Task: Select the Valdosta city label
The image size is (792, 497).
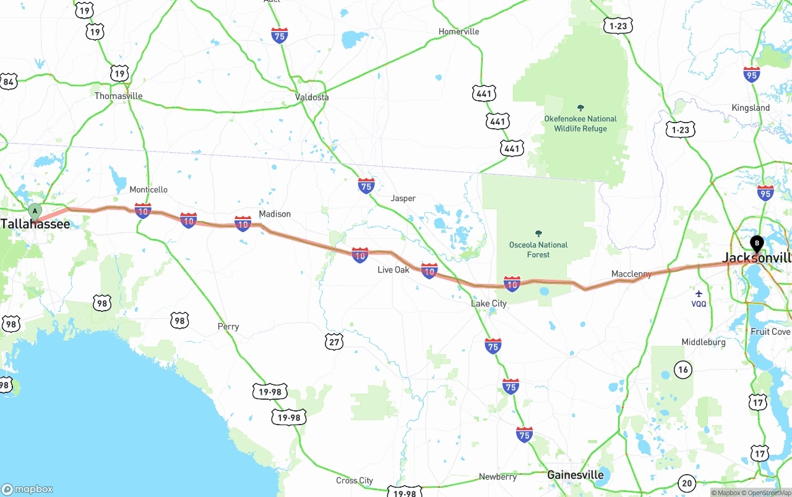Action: pyautogui.click(x=312, y=97)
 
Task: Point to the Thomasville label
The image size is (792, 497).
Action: pyautogui.click(x=118, y=96)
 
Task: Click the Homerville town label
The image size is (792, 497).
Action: pyautogui.click(x=458, y=32)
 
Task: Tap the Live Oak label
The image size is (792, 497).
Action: pyautogui.click(x=394, y=270)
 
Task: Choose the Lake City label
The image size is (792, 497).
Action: pyautogui.click(x=489, y=303)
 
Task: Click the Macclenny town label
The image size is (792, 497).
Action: pyautogui.click(x=631, y=274)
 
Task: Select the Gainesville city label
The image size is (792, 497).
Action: pyautogui.click(x=575, y=475)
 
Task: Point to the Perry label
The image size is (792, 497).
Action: pyautogui.click(x=228, y=326)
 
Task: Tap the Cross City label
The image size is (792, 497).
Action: pyautogui.click(x=355, y=480)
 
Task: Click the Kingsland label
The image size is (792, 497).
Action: pyautogui.click(x=751, y=108)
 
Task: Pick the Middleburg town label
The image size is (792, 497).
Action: pyautogui.click(x=704, y=342)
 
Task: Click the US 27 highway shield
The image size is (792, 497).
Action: pyautogui.click(x=334, y=342)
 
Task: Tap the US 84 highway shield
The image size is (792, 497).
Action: pyautogui.click(x=9, y=82)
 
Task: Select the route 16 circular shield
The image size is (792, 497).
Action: pyautogui.click(x=683, y=370)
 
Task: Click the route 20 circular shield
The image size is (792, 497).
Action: pyautogui.click(x=686, y=483)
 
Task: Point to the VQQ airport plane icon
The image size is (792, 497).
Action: pyautogui.click(x=699, y=293)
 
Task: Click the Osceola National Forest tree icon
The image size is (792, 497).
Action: pyautogui.click(x=538, y=234)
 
